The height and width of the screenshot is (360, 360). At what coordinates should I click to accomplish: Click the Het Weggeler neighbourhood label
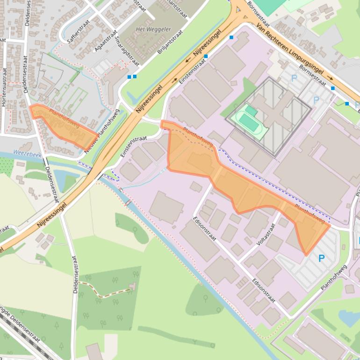click(x=153, y=29)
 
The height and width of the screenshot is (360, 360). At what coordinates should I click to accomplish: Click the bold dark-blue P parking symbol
click(x=321, y=258)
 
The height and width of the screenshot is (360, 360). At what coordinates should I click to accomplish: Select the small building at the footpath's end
click(x=133, y=285)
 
